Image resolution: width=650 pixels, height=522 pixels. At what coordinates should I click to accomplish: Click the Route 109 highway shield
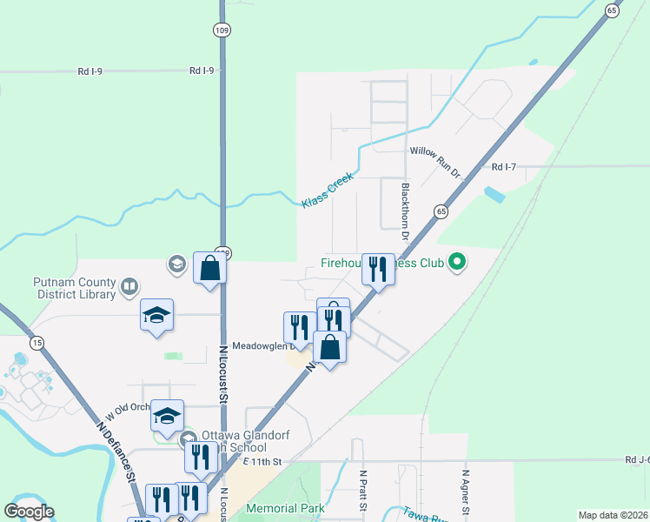[x=222, y=30]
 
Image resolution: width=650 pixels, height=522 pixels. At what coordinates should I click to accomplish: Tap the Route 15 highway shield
[x=36, y=343]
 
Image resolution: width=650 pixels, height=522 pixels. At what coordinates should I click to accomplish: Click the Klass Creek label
[x=329, y=195]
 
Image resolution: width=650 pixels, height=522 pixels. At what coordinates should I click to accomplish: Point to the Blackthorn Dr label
[x=405, y=211]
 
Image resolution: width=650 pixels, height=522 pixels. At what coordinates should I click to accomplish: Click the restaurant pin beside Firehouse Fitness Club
[x=377, y=269]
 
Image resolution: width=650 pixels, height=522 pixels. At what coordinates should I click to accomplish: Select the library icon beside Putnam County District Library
[x=129, y=285]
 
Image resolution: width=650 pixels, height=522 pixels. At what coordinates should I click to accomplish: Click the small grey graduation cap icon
[x=176, y=264]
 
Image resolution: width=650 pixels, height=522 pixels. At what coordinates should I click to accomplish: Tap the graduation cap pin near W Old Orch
[x=167, y=415]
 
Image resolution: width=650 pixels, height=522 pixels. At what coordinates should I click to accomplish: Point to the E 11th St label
[x=264, y=460]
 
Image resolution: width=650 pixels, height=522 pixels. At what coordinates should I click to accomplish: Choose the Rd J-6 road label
[x=637, y=459]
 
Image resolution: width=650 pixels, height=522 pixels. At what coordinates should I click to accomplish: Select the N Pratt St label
[x=363, y=492]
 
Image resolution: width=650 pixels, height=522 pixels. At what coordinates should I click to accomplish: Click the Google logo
[x=29, y=512]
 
